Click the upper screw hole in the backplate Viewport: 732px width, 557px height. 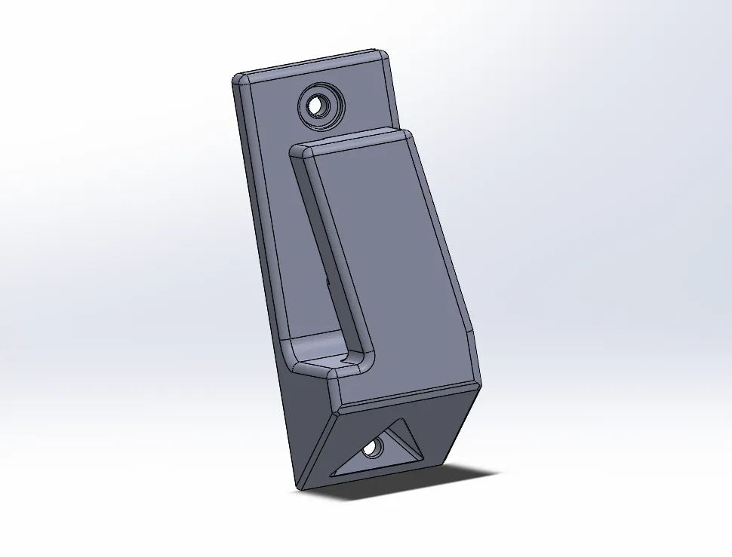point(320,105)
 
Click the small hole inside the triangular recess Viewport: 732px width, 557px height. point(371,449)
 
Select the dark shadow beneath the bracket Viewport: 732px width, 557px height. point(423,482)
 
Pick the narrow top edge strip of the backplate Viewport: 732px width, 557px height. point(309,64)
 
